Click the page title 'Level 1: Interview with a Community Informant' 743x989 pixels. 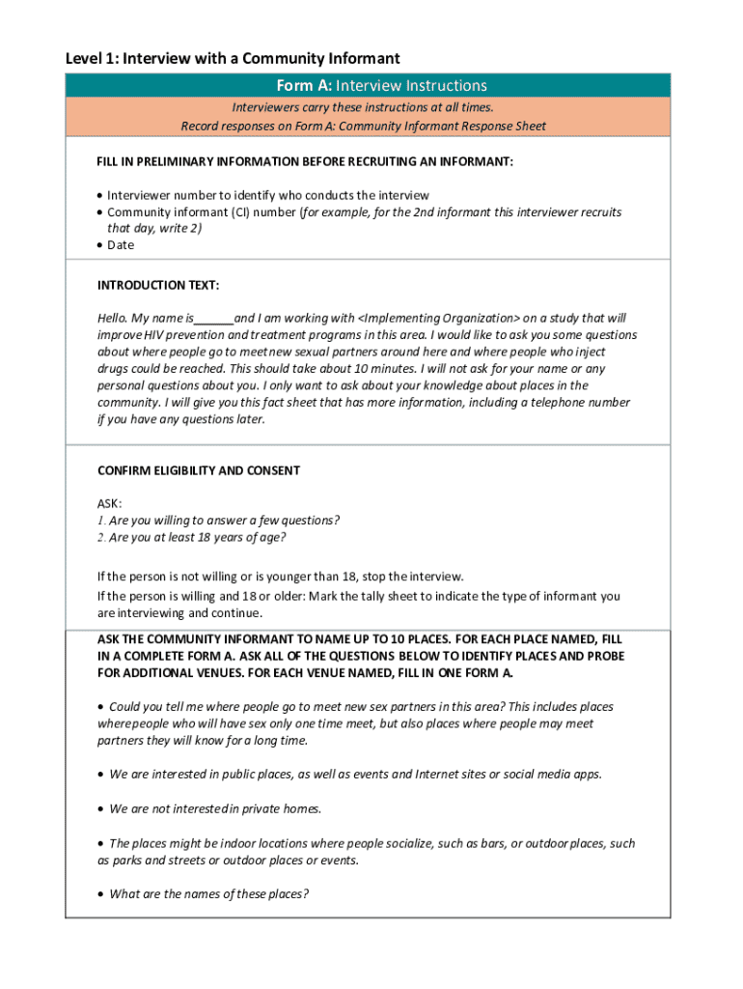(232, 59)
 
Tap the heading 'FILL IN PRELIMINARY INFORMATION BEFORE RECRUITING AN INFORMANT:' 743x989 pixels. (305, 162)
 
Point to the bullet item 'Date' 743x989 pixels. (121, 245)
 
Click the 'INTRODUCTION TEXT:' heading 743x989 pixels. (158, 286)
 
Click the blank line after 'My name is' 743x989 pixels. (214, 319)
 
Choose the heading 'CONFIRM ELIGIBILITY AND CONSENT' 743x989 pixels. (199, 471)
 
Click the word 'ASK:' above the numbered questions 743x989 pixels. (110, 504)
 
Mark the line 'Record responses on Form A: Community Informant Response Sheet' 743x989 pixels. (363, 127)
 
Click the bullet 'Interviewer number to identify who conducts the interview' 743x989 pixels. (268, 196)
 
